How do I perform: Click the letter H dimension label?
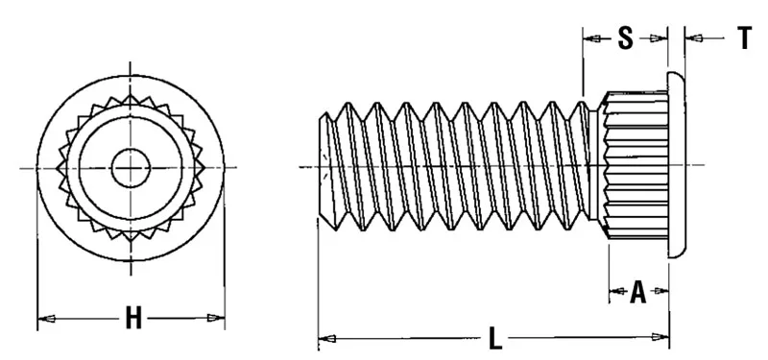133,319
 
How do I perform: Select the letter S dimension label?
624,38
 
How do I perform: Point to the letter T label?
744,38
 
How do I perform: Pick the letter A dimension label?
637,292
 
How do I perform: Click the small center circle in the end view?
128,169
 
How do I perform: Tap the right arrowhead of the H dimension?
218,319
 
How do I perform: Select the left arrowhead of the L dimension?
325,338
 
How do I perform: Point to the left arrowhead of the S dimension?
590,38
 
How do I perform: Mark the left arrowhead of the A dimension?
615,291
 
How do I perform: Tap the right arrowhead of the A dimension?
661,291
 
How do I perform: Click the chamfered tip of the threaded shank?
324,168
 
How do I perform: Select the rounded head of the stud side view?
676,168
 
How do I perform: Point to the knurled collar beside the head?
634,168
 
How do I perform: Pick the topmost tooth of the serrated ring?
128,98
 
